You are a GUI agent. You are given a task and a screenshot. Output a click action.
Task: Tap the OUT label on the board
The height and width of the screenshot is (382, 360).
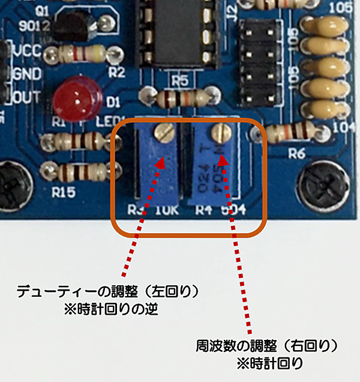(x=26, y=97)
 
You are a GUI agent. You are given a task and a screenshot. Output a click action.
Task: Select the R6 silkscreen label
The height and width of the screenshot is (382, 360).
(x=296, y=153)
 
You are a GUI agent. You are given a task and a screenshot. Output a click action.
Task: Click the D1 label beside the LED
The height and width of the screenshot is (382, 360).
(x=113, y=100)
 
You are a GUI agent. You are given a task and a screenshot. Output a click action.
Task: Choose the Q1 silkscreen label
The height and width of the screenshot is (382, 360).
(x=43, y=11)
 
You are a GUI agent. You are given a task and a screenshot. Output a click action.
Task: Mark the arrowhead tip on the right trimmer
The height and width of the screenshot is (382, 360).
(x=223, y=158)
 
